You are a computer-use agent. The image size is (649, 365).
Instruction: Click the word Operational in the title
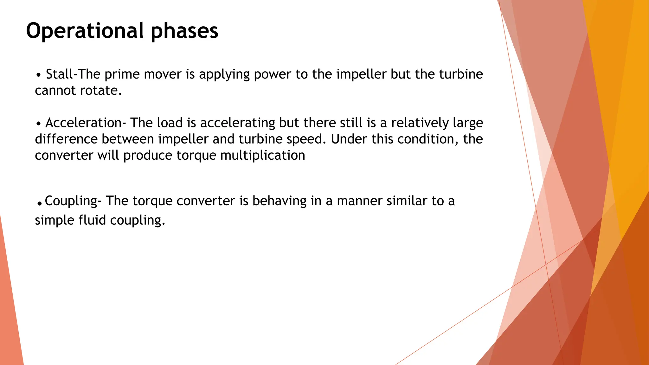(85, 31)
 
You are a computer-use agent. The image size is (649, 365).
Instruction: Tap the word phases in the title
(184, 31)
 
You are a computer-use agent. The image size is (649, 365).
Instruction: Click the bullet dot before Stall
(39, 76)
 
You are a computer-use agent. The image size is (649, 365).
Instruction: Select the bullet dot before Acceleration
(38, 124)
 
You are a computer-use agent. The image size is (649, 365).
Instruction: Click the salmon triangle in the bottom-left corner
(10, 317)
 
